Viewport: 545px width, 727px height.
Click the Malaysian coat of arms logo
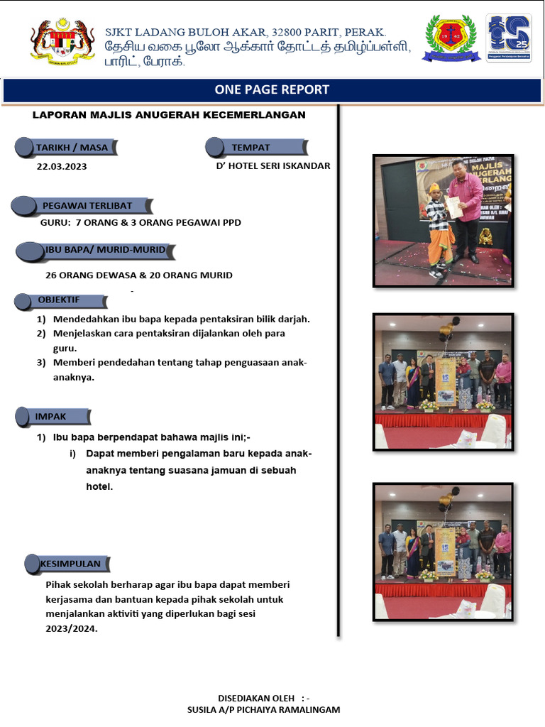tap(62, 40)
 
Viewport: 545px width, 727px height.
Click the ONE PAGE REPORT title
tap(272, 89)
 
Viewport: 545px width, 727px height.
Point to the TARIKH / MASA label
tap(72, 148)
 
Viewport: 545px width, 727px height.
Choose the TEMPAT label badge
tap(251, 148)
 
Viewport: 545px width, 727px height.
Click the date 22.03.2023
tap(62, 167)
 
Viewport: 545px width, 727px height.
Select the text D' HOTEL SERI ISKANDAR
tap(273, 166)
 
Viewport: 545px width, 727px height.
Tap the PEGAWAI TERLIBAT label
tap(87, 205)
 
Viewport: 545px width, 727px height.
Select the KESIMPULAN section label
tap(70, 564)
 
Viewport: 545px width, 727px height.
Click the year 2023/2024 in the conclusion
tap(71, 628)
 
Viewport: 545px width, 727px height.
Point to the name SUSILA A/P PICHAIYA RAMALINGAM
tap(263, 709)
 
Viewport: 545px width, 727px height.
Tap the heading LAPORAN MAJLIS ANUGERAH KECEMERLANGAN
tap(169, 115)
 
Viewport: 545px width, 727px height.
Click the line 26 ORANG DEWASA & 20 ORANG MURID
tap(139, 275)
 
